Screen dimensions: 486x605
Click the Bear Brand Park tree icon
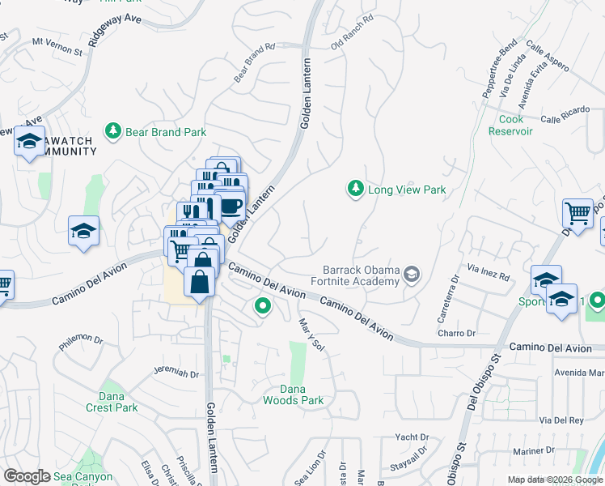113,130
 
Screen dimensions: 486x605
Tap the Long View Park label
407,190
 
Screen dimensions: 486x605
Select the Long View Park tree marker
354,190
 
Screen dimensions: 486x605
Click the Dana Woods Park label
293,394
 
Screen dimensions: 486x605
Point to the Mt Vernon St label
57,46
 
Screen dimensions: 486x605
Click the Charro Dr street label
456,333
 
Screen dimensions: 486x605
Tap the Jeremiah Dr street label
176,373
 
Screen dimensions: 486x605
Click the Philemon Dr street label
83,342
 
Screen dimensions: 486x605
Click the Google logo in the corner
27,476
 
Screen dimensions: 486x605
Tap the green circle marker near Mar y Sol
262,306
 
